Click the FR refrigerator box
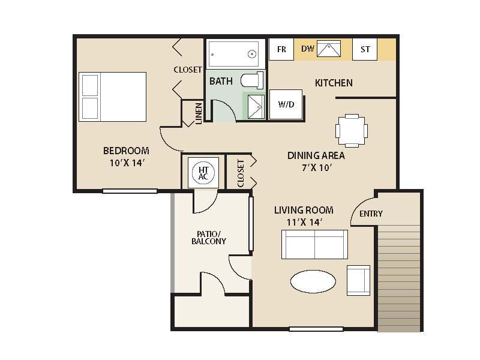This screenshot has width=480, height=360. click(281, 49)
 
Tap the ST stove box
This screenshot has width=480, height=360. click(365, 49)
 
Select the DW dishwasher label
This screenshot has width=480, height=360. click(308, 49)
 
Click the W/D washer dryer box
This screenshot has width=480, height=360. click(286, 104)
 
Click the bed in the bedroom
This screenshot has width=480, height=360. click(113, 97)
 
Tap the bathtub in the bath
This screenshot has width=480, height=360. click(233, 54)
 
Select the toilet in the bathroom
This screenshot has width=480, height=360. click(253, 80)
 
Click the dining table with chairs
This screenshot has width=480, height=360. click(352, 130)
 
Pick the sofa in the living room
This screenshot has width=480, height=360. click(314, 244)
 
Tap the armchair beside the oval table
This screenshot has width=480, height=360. click(358, 280)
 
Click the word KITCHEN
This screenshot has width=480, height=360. click(334, 83)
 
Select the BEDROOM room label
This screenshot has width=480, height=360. click(126, 151)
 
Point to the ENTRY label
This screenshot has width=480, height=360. click(371, 214)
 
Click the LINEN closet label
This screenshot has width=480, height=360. click(199, 113)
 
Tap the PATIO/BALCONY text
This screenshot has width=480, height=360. click(209, 237)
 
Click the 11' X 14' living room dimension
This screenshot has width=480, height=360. click(304, 223)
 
